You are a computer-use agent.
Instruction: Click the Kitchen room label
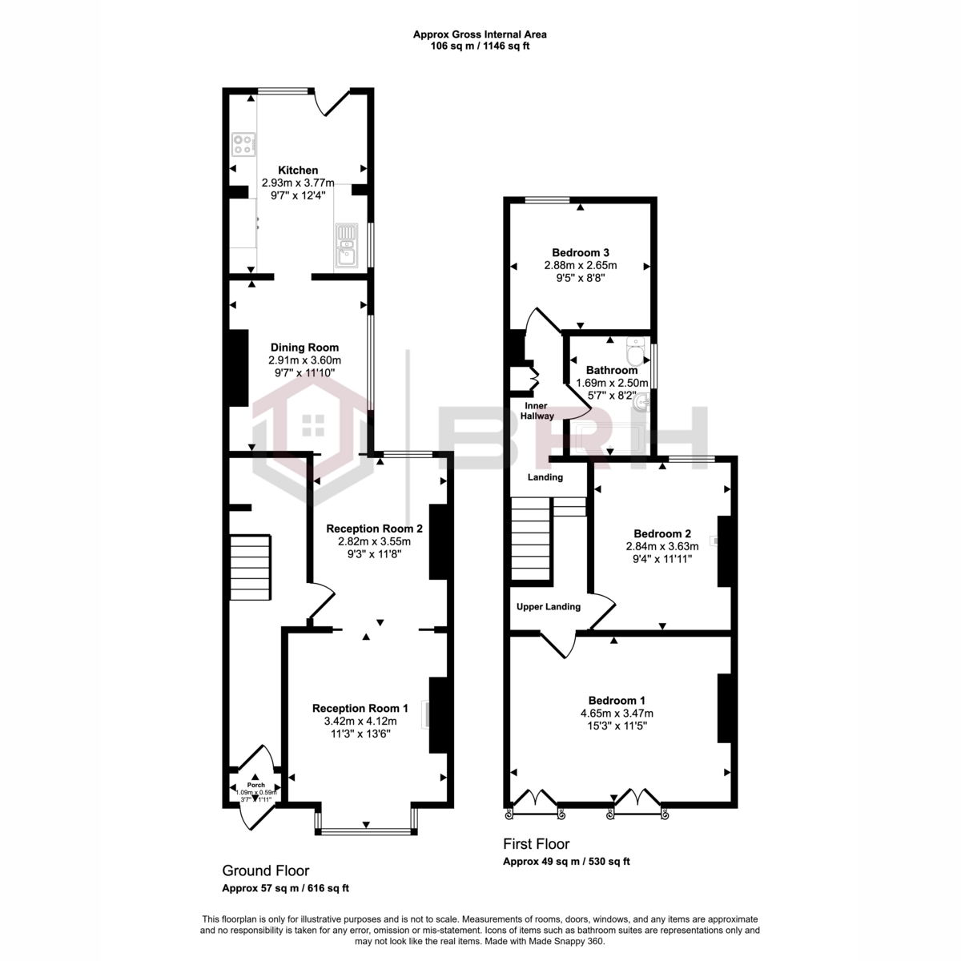point(298,171)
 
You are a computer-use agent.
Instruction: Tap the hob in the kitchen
point(244,144)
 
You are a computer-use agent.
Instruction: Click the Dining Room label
point(304,348)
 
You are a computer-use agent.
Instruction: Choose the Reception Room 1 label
point(360,708)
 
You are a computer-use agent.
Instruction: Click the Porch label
point(255,784)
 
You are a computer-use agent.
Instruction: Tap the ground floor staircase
point(250,569)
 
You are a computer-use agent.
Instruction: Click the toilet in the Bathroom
point(636,351)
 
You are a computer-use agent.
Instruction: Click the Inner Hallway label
point(537,411)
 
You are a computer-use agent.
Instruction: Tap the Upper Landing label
point(549,606)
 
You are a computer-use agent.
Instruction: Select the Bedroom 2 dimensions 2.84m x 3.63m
point(661,546)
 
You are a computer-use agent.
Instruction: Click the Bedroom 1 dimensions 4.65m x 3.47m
point(617,713)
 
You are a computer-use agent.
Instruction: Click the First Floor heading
point(536,843)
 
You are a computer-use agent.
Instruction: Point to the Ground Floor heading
point(265,871)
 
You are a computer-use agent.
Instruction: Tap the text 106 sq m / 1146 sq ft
point(480,46)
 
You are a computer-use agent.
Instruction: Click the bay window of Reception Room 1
point(366,830)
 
